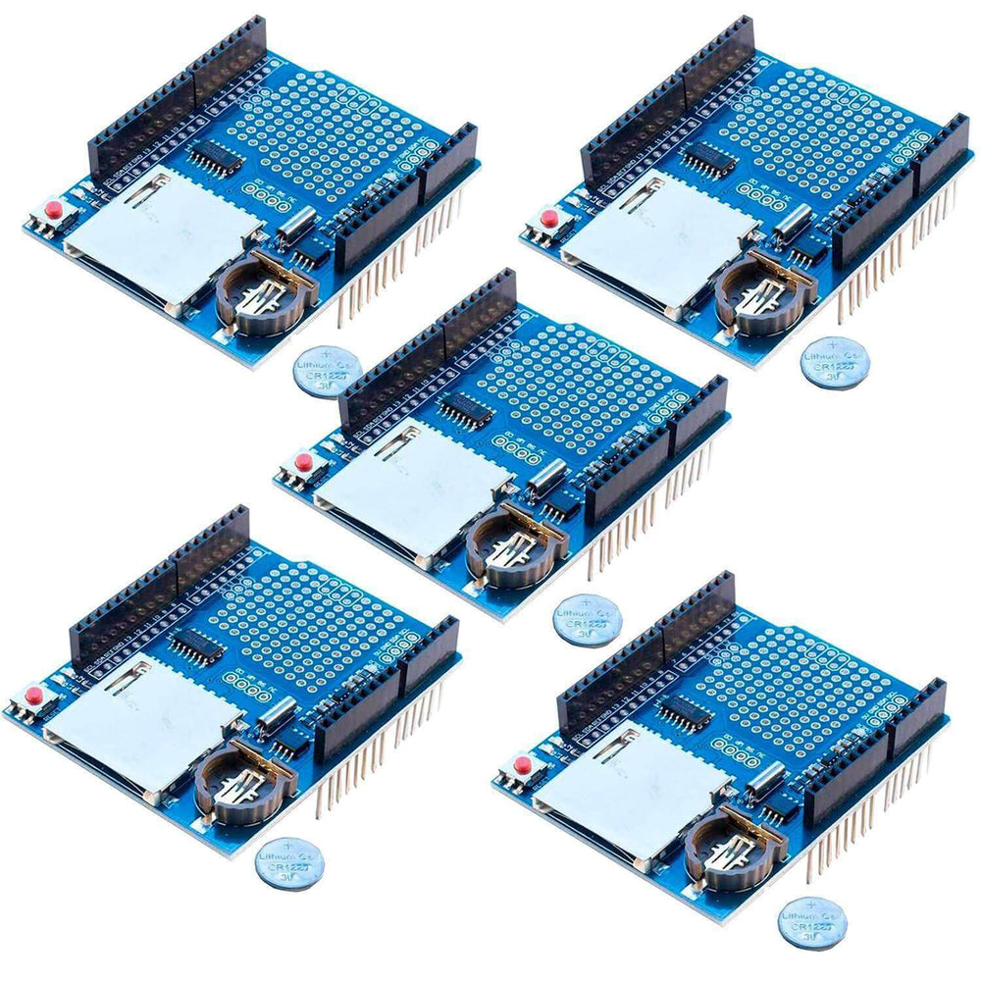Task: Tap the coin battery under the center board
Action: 587,620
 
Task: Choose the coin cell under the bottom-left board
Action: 289,862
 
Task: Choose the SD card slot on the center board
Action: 412,481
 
